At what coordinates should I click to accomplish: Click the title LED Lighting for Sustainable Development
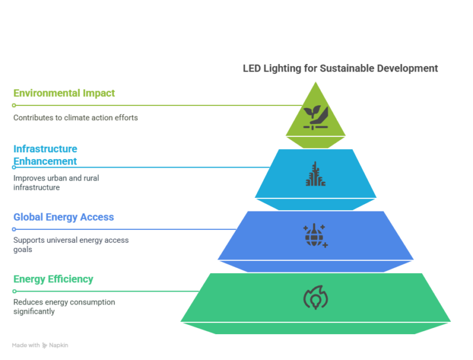click(x=340, y=68)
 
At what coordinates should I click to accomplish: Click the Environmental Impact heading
click(x=64, y=93)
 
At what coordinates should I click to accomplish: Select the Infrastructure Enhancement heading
click(x=46, y=155)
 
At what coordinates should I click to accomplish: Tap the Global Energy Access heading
click(x=64, y=217)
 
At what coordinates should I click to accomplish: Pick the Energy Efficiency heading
click(x=54, y=279)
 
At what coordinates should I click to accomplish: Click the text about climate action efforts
click(x=75, y=117)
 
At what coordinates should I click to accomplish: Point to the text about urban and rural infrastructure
click(x=56, y=182)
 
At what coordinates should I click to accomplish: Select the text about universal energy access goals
click(x=71, y=245)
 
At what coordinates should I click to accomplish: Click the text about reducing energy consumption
click(x=64, y=307)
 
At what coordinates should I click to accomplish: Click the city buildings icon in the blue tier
click(x=315, y=174)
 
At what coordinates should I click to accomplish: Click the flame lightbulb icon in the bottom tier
click(x=315, y=298)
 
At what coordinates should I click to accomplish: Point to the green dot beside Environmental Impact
click(x=14, y=105)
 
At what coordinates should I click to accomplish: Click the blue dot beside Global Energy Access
click(x=14, y=229)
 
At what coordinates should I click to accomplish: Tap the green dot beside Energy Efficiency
click(x=14, y=292)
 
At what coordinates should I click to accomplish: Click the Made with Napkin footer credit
click(x=40, y=345)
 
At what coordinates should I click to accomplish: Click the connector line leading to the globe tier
click(x=123, y=229)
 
